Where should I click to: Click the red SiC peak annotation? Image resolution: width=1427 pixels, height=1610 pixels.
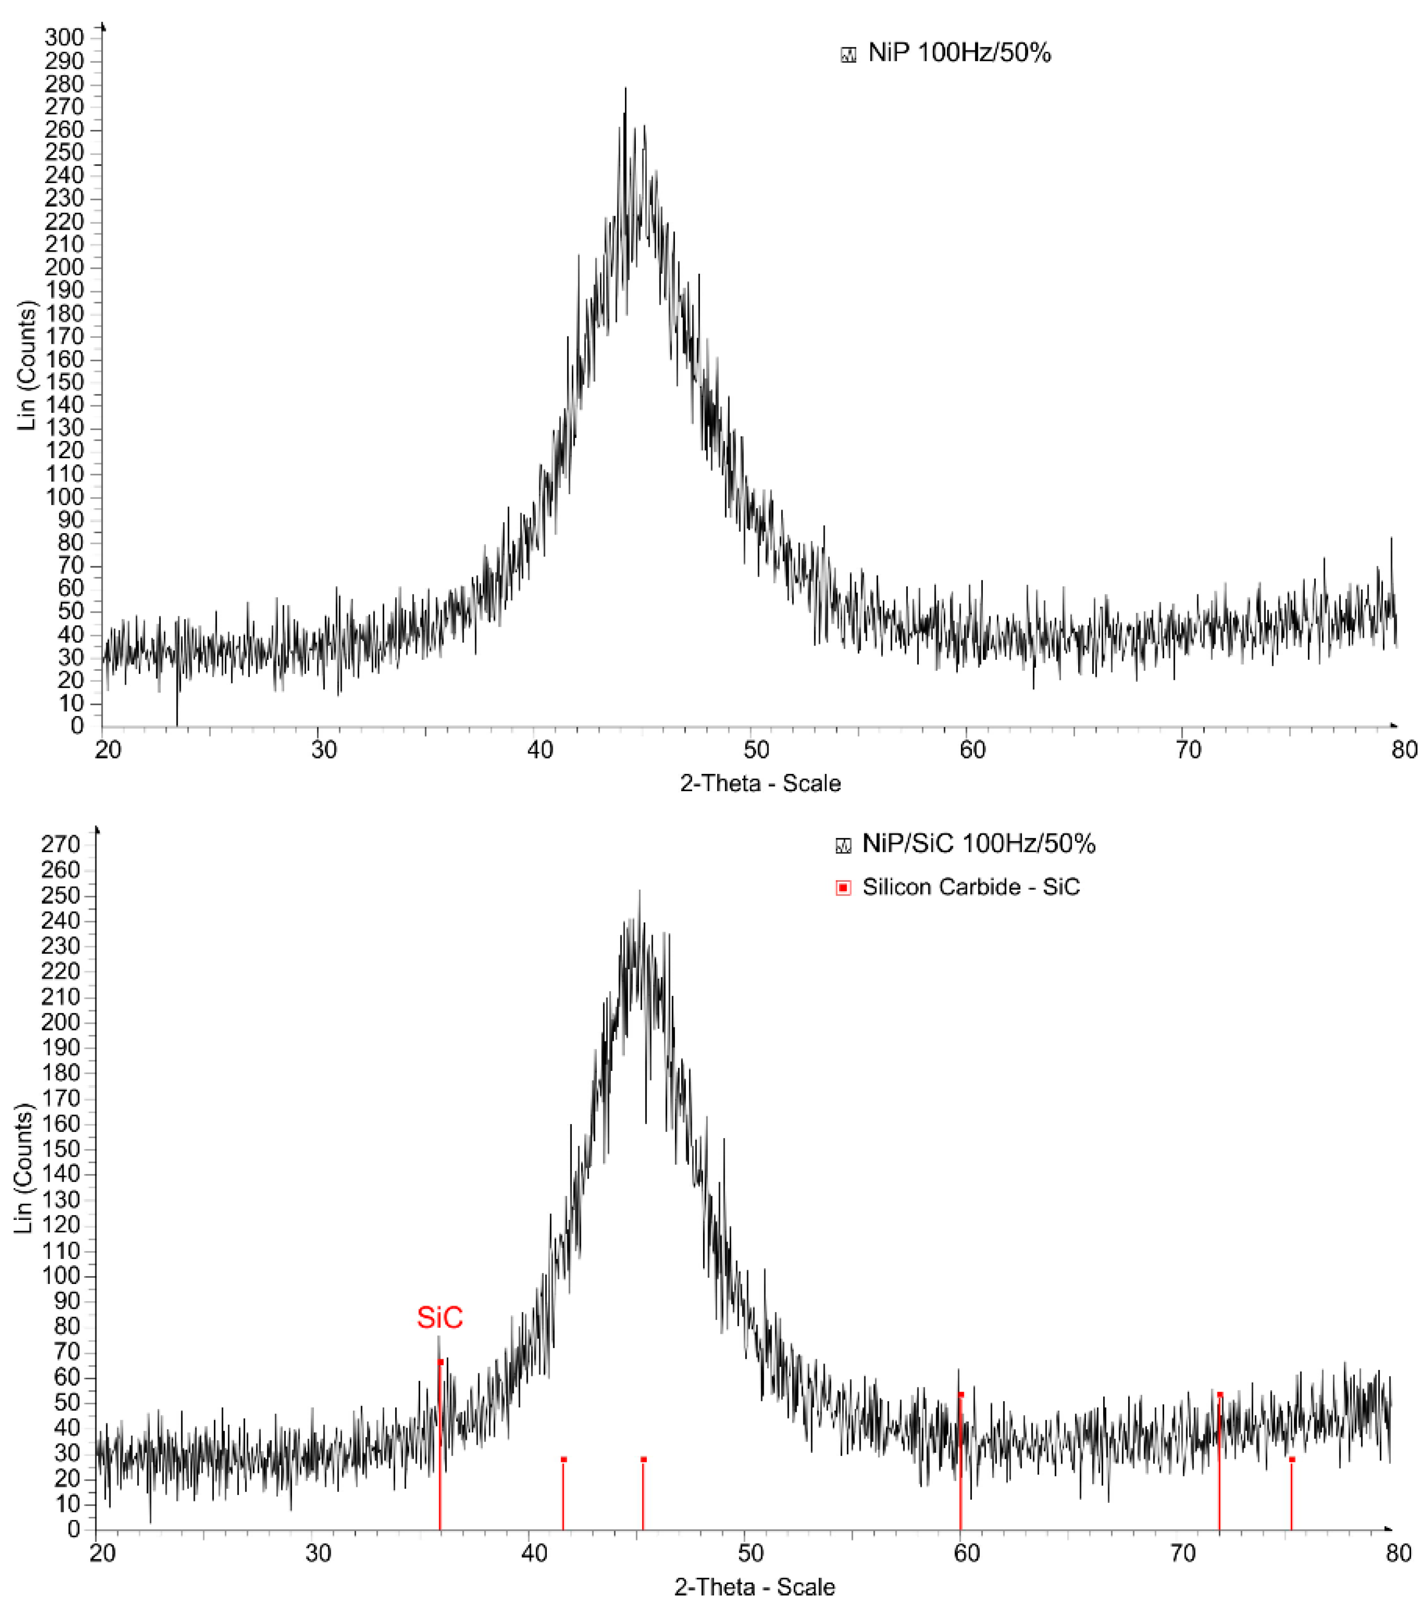pos(440,1317)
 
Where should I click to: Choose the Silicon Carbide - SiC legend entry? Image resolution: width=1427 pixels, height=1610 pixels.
pos(970,887)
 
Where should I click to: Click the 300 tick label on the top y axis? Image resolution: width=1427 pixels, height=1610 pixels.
pos(64,37)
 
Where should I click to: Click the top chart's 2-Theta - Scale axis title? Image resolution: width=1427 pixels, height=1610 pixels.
pos(760,783)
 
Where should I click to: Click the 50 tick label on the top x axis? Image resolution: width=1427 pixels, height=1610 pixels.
pos(756,749)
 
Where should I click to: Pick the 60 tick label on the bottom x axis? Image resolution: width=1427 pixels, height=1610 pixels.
pos(966,1552)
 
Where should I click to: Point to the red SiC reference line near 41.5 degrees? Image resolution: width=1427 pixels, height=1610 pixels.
pos(563,1493)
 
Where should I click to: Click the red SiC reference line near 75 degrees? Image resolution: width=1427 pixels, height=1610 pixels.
pos(1292,1493)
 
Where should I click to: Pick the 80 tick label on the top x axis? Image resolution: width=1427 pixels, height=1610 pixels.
pos(1404,749)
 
